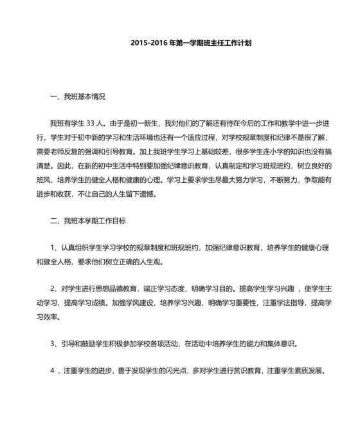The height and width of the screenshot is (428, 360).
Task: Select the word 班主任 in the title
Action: coord(213,44)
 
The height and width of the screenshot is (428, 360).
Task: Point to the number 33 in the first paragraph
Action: coord(91,122)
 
